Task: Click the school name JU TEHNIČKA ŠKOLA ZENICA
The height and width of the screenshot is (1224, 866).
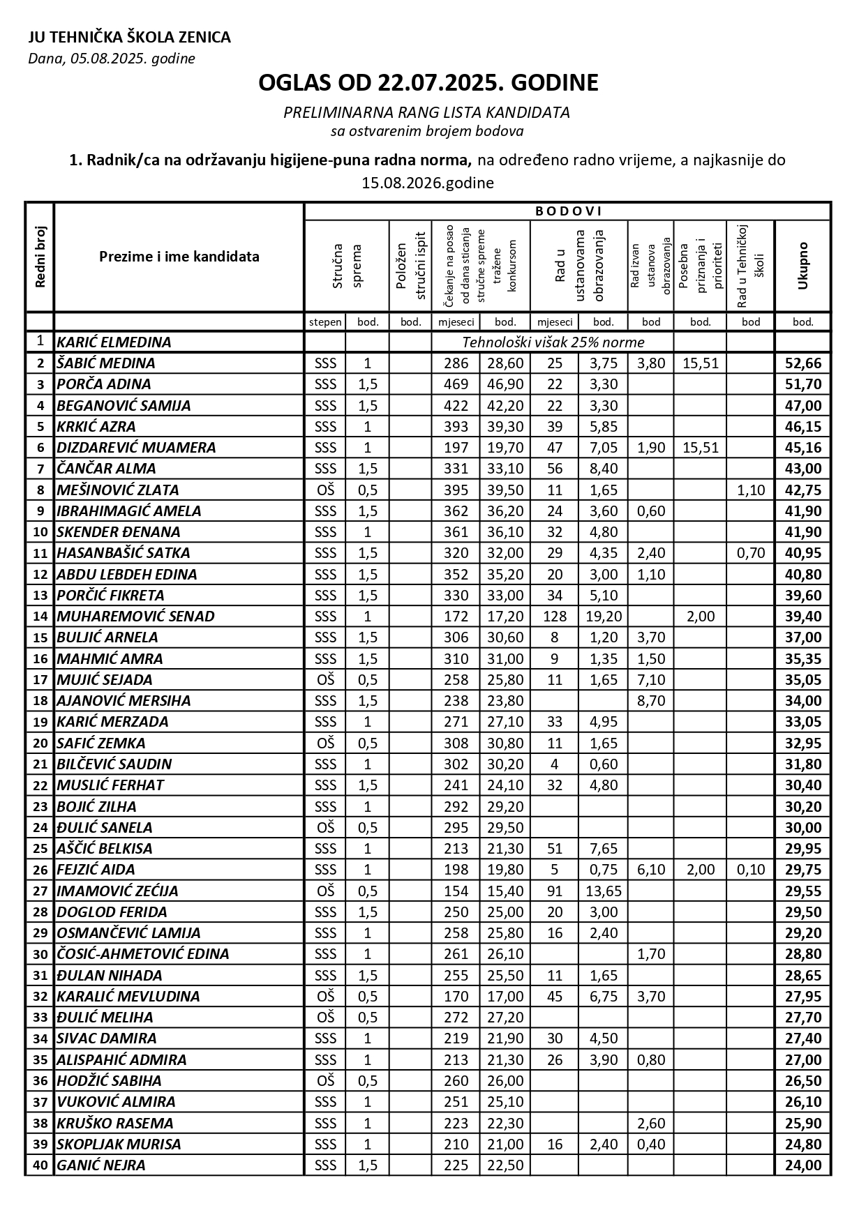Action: (129, 38)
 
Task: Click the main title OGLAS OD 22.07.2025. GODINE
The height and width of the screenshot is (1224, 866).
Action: (428, 83)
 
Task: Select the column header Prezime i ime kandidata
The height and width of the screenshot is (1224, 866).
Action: (179, 256)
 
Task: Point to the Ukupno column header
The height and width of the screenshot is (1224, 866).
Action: (802, 265)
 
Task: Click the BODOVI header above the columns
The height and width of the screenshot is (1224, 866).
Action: (568, 211)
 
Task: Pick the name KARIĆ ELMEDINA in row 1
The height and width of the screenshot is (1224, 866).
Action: (114, 342)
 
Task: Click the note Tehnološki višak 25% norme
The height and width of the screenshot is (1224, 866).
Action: (553, 342)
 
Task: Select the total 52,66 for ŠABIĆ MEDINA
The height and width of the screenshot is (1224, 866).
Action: (803, 363)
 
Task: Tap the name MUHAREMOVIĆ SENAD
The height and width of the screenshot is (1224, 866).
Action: (135, 617)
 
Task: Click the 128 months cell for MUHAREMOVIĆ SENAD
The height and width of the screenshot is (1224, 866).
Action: (554, 617)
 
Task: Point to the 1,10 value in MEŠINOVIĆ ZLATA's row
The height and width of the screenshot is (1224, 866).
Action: (751, 490)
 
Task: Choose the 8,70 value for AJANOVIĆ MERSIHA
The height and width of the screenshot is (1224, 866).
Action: (651, 701)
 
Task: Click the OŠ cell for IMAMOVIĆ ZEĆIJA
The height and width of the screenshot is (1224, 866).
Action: (325, 891)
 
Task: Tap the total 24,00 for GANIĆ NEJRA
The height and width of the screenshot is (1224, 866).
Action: (803, 1165)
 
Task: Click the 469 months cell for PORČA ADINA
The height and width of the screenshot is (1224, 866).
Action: (456, 384)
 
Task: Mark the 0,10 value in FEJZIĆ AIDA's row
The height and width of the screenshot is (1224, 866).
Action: (751, 870)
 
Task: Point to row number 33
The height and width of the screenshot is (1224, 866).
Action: (40, 1018)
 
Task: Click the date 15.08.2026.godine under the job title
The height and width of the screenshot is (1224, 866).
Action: (428, 183)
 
